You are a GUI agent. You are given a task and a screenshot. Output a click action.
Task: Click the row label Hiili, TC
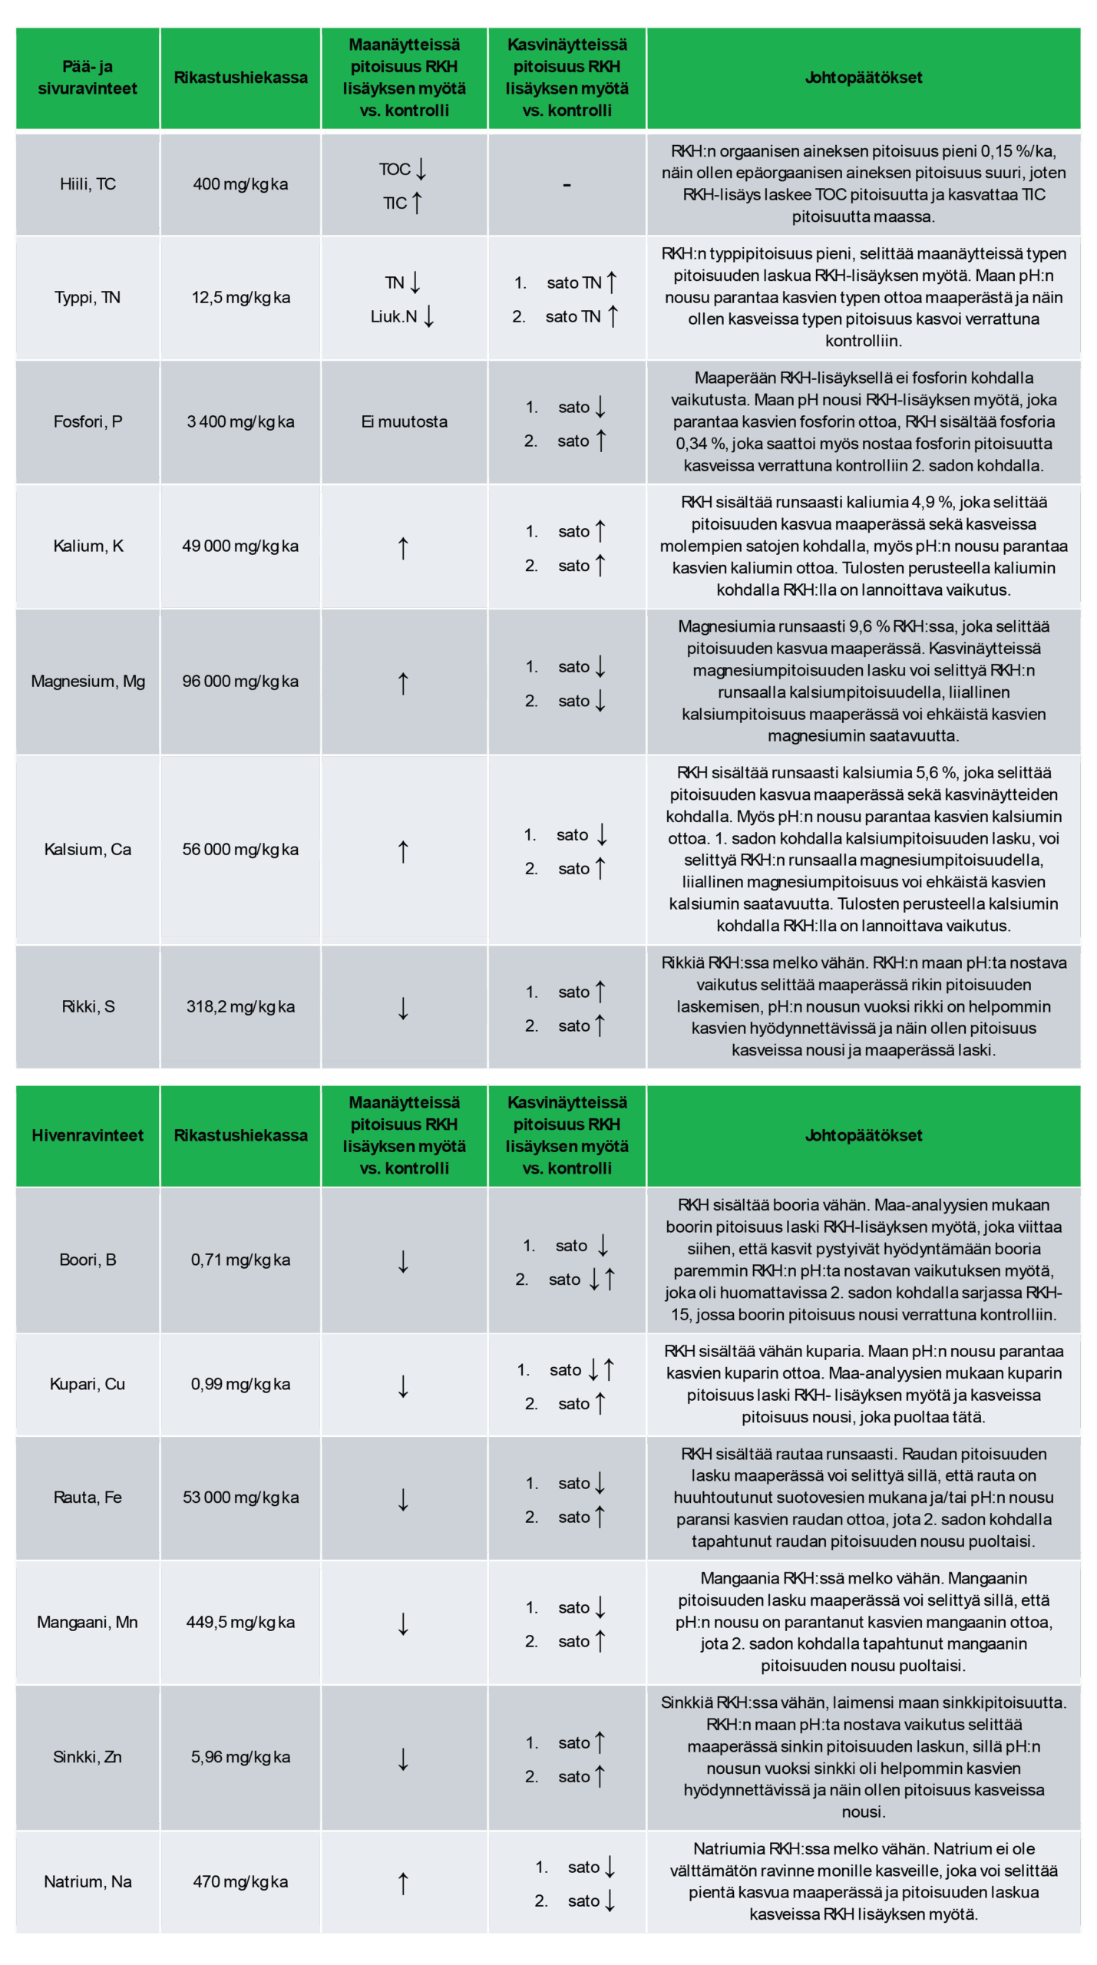click(x=88, y=184)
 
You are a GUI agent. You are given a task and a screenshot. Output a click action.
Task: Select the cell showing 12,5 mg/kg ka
click(x=240, y=298)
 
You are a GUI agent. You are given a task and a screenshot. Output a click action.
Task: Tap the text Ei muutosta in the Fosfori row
click(x=404, y=421)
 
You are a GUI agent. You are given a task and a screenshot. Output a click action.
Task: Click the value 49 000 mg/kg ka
click(x=240, y=546)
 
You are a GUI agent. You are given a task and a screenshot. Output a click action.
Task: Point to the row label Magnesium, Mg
click(x=88, y=681)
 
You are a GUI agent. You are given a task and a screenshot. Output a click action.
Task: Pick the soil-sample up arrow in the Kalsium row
click(x=403, y=851)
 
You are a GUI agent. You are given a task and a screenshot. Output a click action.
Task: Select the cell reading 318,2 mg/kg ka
click(x=240, y=1006)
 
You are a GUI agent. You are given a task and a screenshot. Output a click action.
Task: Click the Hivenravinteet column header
click(x=88, y=1135)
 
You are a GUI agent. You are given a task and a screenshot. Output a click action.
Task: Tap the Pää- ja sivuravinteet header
click(x=88, y=78)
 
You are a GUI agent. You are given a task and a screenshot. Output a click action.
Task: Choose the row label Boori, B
click(x=88, y=1260)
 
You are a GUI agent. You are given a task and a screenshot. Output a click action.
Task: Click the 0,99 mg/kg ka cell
click(x=240, y=1384)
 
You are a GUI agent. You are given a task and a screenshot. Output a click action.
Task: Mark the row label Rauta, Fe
click(x=88, y=1498)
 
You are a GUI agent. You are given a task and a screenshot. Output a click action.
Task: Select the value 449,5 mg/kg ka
click(x=240, y=1622)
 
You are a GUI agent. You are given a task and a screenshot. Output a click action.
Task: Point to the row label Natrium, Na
click(x=88, y=1881)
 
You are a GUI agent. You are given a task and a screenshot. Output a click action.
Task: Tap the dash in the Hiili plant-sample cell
click(x=567, y=186)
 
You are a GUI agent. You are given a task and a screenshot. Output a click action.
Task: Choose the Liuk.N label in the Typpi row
click(x=394, y=316)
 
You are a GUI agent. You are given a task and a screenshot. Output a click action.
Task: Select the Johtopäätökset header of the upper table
click(x=863, y=78)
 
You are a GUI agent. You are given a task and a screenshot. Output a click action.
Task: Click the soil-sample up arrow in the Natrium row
click(x=403, y=1883)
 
